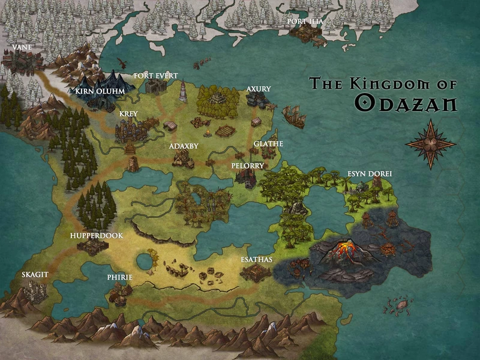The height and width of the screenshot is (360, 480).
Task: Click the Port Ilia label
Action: coord(305,22)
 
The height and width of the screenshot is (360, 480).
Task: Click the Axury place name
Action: coord(259,89)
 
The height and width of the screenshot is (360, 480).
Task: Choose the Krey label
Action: coord(128,113)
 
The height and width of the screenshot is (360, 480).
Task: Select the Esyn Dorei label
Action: coord(370,174)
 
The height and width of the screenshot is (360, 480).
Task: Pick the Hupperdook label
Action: coord(97,236)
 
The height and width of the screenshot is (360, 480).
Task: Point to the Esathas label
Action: coord(256,260)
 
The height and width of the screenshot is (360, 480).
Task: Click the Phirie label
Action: coord(119,277)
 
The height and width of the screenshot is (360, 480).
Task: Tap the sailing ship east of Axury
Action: coord(293,115)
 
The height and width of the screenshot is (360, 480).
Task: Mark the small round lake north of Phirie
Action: coord(144,262)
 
